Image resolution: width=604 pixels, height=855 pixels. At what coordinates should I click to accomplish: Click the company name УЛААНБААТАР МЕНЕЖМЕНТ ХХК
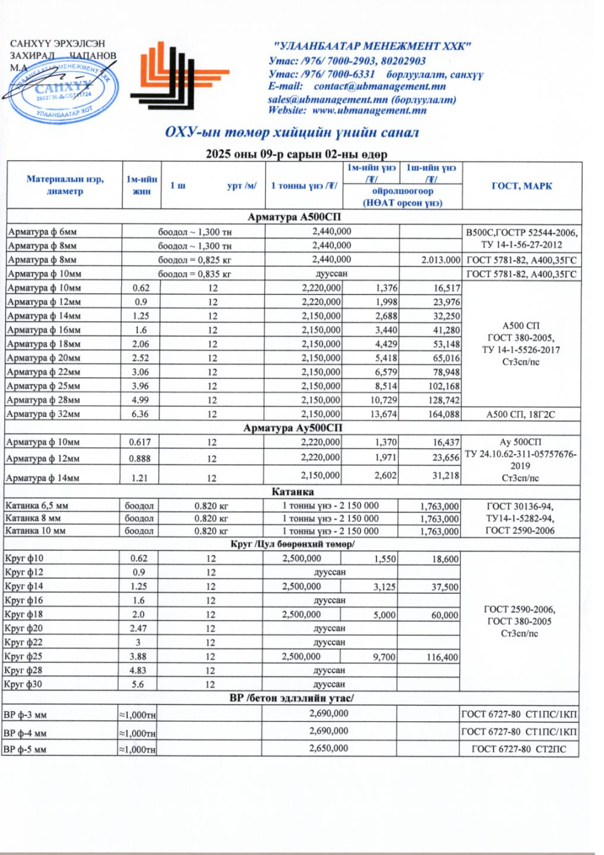coord(372,46)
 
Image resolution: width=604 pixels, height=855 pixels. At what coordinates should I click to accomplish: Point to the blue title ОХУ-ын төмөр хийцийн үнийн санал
coord(292,132)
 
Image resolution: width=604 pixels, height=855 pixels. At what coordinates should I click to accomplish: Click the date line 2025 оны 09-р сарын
coord(296,154)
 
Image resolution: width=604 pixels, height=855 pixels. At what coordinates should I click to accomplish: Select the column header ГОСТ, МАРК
coord(521,186)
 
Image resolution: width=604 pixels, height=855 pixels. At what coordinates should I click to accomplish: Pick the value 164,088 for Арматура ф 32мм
coord(444,414)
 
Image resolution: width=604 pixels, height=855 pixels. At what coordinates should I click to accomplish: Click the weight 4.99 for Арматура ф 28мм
coord(141,400)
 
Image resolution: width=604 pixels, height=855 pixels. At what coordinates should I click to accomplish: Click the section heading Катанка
coord(292,492)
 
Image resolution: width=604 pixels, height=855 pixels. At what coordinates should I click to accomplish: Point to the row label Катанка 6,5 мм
coord(36,506)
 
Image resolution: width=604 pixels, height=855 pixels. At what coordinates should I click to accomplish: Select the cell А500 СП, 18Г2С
coord(520,414)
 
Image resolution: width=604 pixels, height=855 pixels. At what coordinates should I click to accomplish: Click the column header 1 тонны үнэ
coord(304,186)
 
